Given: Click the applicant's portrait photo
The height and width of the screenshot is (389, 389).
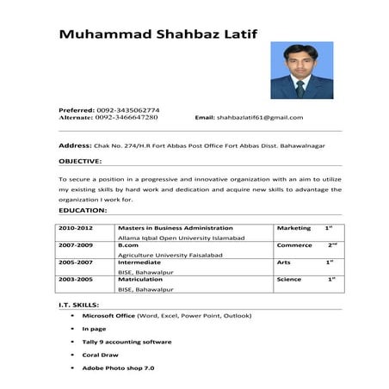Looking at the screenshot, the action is pyautogui.click(x=301, y=71).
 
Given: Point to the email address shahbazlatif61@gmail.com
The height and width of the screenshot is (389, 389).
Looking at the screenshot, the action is pyautogui.click(x=260, y=117).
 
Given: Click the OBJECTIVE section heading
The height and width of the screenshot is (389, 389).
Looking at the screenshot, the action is pyautogui.click(x=80, y=161).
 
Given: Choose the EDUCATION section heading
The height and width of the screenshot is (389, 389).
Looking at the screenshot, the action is pyautogui.click(x=83, y=210).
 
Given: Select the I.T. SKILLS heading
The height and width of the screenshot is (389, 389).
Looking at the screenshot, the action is pyautogui.click(x=78, y=305).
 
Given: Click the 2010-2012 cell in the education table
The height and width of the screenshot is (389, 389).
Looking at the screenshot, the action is pyautogui.click(x=75, y=228).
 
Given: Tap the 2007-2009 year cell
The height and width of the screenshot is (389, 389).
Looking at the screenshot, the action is pyautogui.click(x=75, y=245).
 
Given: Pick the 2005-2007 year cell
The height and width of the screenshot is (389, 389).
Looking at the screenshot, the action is pyautogui.click(x=75, y=262).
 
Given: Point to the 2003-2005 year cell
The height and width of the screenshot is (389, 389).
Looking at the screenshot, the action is pyautogui.click(x=75, y=279).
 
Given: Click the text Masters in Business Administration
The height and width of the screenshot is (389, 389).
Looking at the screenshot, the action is pyautogui.click(x=176, y=228).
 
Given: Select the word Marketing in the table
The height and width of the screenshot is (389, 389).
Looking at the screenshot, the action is pyautogui.click(x=293, y=228).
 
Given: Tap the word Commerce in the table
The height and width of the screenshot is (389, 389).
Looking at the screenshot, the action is pyautogui.click(x=294, y=245).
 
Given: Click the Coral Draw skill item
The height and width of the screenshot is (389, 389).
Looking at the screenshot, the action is pyautogui.click(x=100, y=355).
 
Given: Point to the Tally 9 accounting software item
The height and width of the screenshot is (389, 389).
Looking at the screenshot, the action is pyautogui.click(x=127, y=342).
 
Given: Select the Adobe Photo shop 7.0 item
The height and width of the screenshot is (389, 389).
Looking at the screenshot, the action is pyautogui.click(x=118, y=367).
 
